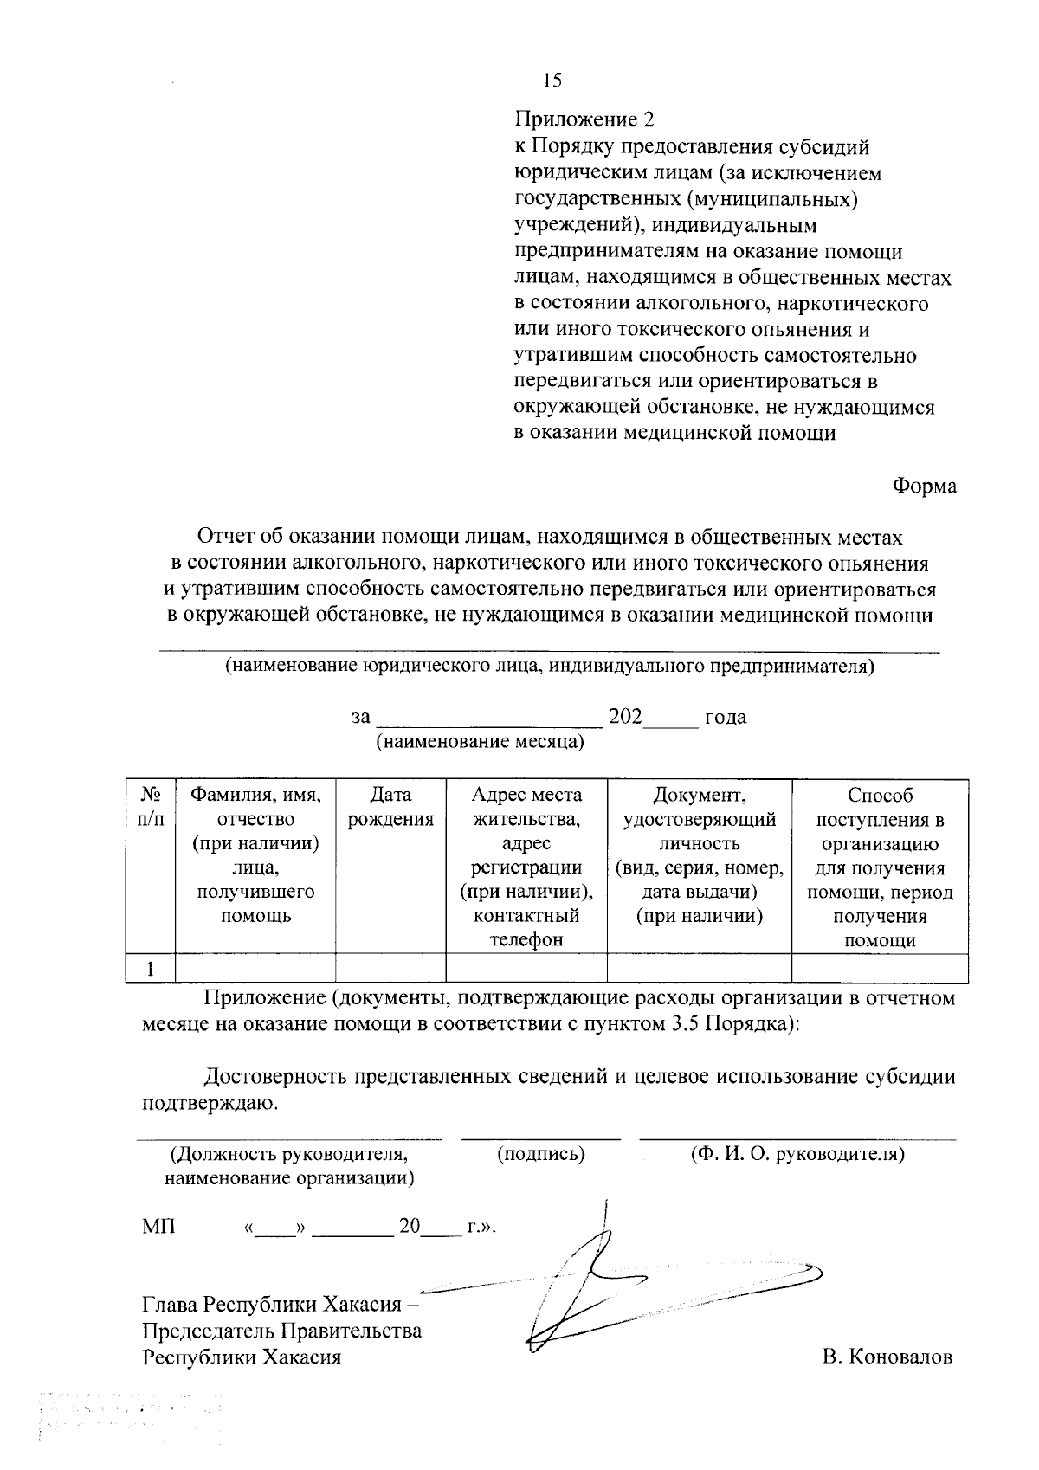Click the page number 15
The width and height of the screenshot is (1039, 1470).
[552, 81]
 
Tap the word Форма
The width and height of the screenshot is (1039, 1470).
[925, 487]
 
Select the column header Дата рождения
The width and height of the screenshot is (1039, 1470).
[390, 807]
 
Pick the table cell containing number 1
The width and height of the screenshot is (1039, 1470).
[151, 969]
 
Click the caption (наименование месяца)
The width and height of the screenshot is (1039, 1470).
[479, 742]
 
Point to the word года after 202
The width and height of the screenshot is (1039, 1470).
[726, 718]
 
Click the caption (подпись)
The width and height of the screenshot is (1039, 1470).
[541, 1154]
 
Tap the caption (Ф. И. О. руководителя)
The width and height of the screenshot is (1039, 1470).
[797, 1154]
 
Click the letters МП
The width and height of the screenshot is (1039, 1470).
[158, 1227]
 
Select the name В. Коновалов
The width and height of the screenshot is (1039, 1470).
[888, 1357]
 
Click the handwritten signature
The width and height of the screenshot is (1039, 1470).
[606, 1281]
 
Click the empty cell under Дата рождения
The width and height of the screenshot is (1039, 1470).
[390, 969]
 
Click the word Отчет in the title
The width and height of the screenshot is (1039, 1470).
[223, 538]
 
